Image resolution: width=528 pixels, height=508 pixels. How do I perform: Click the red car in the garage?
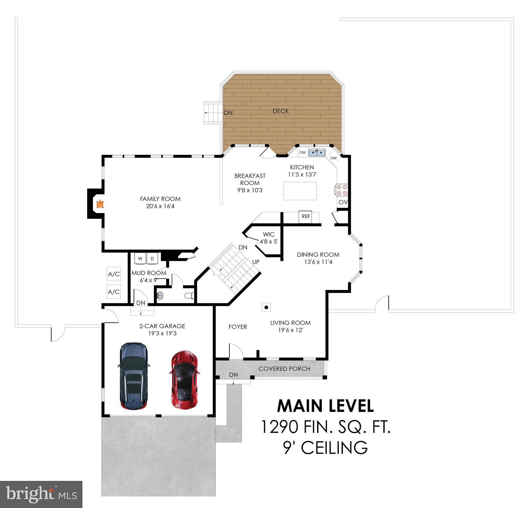point(184,380)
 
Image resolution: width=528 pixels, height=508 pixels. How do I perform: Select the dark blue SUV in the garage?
point(133,376)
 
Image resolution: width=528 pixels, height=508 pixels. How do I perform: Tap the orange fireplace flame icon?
point(100,205)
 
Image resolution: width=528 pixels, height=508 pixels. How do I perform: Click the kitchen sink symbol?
point(317,153)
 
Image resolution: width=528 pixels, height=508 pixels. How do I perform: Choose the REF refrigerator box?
point(306,216)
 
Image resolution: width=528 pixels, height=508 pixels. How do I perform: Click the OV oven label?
point(343,202)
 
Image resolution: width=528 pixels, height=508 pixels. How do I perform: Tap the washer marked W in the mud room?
point(140,258)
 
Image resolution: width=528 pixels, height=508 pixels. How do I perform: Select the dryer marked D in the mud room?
point(152,258)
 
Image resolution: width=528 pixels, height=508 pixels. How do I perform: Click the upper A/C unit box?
point(114,274)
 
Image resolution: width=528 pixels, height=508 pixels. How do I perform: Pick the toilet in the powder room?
point(189,296)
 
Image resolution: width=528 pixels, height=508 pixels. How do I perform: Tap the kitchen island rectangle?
point(300,191)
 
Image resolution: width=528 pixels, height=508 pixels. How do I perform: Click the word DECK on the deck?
point(281,111)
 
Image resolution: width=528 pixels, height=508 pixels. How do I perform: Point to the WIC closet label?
point(268,234)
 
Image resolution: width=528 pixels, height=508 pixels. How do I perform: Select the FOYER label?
point(238,327)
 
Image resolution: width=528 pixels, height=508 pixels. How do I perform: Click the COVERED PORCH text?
point(284,369)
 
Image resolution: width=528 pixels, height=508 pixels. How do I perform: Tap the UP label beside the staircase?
point(256,262)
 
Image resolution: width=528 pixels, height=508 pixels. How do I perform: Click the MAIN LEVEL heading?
point(325,406)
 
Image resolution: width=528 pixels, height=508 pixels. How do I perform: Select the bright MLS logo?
point(41,494)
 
